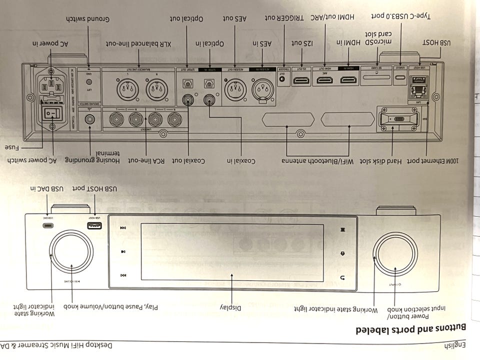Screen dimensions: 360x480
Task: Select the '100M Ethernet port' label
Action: pos(441,161)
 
